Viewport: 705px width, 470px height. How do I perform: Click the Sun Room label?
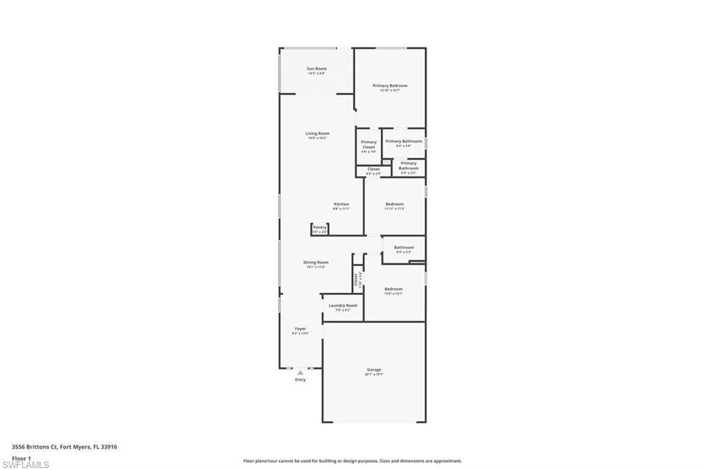317,69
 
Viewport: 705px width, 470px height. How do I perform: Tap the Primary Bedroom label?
390,86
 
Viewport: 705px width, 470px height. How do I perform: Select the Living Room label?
317,134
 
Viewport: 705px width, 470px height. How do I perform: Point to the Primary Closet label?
369,145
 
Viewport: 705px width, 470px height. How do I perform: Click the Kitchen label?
341,204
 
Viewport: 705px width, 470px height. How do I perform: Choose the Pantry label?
319,227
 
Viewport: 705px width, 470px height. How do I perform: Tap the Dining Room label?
316,262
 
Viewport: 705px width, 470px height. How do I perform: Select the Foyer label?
301,329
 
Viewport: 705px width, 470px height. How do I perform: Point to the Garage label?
374,369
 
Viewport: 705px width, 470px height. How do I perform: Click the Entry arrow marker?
300,373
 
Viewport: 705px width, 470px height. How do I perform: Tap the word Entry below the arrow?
300,380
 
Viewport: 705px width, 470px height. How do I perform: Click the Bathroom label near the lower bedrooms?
404,247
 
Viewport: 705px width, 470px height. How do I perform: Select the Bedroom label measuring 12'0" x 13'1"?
394,289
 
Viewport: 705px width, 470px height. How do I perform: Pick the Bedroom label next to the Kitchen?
394,204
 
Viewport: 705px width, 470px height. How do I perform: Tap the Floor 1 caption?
22,458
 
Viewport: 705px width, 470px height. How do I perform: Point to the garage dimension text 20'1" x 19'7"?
374,374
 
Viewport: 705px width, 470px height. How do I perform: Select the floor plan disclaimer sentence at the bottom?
352,461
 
